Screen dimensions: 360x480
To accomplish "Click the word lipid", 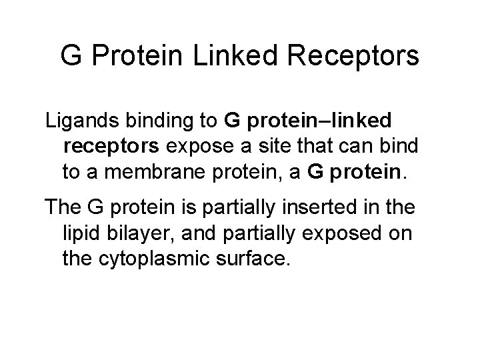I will pyautogui.click(x=82, y=232).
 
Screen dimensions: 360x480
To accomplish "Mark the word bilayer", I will pyautogui.click(x=144, y=232).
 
